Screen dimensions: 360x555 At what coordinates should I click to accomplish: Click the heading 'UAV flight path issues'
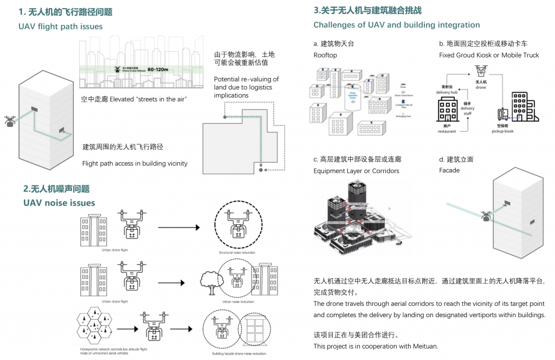tap(60, 27)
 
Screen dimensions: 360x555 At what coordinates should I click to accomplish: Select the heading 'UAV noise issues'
tap(59, 203)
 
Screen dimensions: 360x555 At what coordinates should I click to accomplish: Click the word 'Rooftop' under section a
tap(325, 55)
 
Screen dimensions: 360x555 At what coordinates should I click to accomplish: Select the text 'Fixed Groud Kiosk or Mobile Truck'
tap(489, 55)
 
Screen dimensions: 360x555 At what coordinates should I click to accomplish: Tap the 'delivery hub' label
tap(447, 92)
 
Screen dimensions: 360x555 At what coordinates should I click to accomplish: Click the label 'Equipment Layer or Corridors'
tap(356, 171)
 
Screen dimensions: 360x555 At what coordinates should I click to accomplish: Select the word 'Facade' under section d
tap(449, 170)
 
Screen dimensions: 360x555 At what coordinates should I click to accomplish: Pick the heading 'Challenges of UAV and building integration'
tap(397, 25)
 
